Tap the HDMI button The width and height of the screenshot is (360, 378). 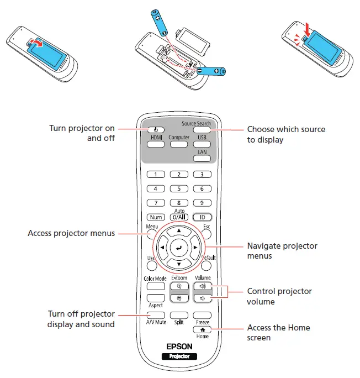point(155,144)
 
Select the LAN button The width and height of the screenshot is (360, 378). point(203,158)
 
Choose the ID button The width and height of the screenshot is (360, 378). point(203,217)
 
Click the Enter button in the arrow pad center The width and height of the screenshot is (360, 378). point(179,249)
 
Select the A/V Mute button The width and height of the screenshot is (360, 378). point(155,314)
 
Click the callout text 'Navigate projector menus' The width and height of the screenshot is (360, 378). point(282,251)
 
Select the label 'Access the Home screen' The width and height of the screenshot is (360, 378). point(278,332)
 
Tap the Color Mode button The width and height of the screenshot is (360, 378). point(155,286)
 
